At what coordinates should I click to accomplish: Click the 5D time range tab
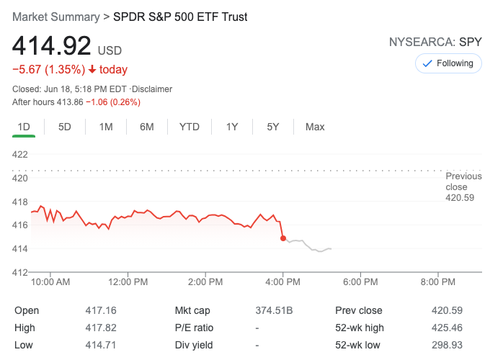click(65, 127)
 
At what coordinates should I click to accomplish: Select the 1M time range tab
click(106, 127)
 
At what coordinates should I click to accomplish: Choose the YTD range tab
click(190, 127)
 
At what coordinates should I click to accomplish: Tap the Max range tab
click(315, 127)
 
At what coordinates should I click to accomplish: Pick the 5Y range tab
click(273, 127)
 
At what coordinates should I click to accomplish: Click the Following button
click(448, 63)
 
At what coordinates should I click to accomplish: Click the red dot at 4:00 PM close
click(283, 238)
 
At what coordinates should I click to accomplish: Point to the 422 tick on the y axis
click(20, 154)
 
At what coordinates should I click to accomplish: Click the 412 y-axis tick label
click(20, 272)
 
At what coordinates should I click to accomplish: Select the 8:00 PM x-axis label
click(438, 282)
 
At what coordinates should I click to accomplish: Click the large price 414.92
click(52, 47)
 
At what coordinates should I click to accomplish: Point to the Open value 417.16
click(101, 311)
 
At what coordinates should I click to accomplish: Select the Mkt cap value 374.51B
click(275, 311)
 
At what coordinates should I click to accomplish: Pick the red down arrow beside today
click(92, 70)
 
